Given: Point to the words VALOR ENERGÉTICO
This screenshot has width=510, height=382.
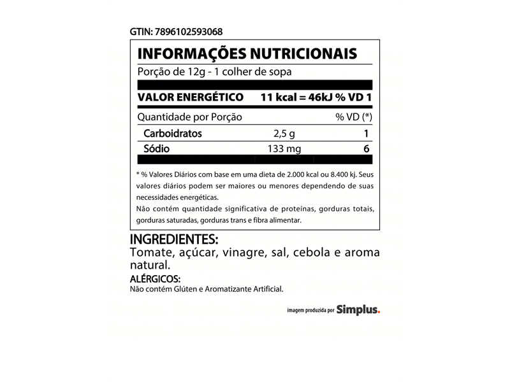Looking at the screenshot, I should (191, 97).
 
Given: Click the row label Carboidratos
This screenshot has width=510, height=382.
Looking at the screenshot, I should (173, 134).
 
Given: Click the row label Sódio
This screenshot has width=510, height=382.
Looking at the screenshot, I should (154, 149).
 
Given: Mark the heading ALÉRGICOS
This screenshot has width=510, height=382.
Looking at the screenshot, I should (156, 279).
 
